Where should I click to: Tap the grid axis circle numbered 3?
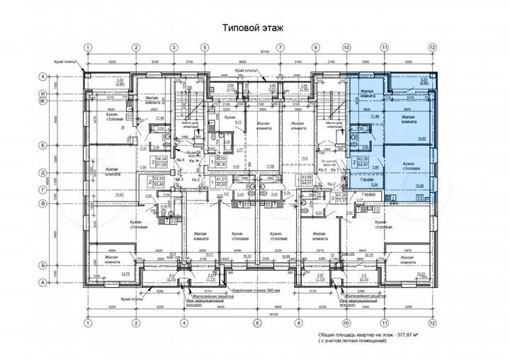pos(173,47)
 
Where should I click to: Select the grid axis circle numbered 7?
pos(280,47)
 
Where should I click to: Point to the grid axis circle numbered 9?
pos(314,47)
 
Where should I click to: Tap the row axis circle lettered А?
pos(62,282)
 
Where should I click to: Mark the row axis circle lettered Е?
pos(62,145)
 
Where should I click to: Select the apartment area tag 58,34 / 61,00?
pos(161,162)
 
